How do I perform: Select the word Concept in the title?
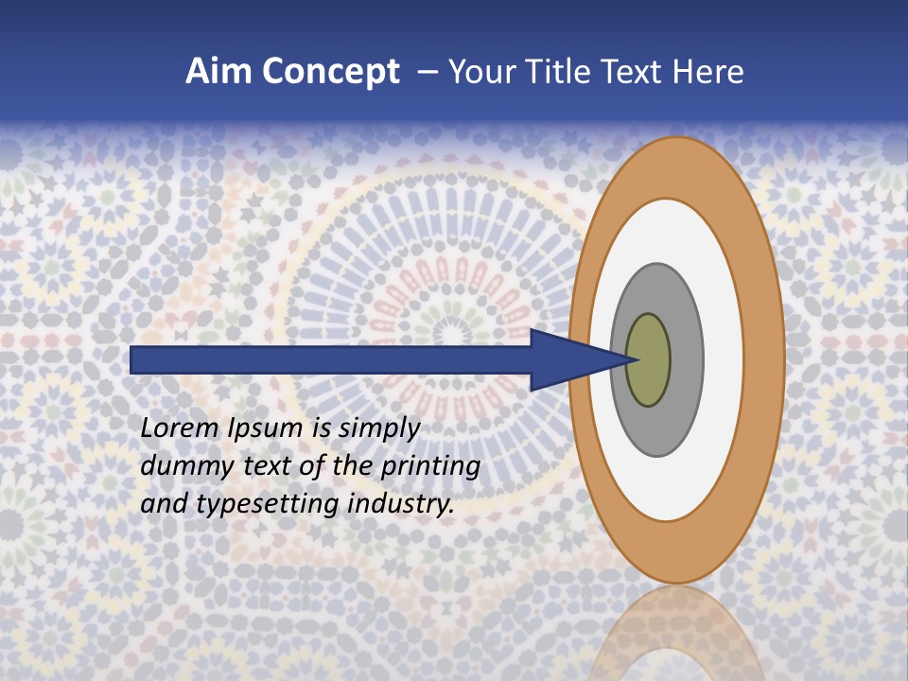[329, 72]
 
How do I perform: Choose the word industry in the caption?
[401, 504]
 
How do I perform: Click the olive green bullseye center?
[648, 359]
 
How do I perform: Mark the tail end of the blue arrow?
[133, 359]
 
